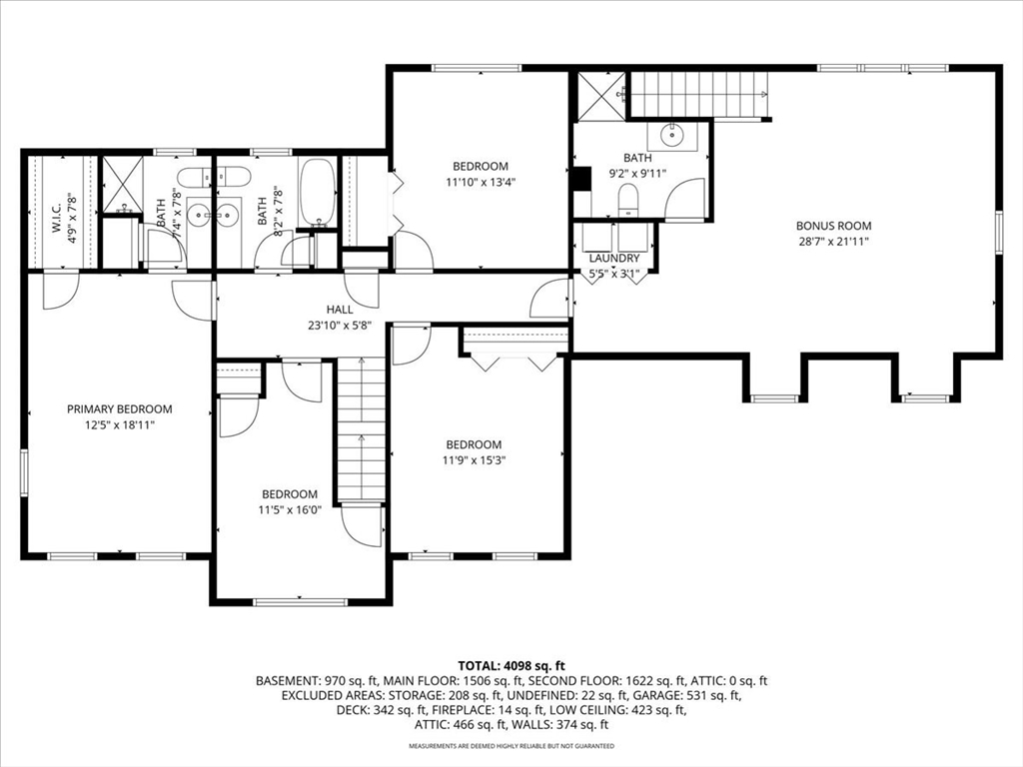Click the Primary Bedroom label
pos(120,408)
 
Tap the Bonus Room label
pos(833,226)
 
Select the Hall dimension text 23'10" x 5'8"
pos(340,325)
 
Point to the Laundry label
pos(614,259)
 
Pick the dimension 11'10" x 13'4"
pos(481,182)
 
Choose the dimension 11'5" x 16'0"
pos(290,510)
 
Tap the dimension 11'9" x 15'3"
pos(474,459)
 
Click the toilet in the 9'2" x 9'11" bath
pos(627,200)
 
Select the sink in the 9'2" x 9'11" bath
pos(671,136)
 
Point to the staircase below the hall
pos(361,429)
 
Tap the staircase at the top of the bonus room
pos(698,95)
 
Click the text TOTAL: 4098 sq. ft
pos(511,666)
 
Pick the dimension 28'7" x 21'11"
pos(833,242)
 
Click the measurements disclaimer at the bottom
pos(511,745)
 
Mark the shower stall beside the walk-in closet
pos(122,185)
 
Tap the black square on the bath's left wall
pos(580,179)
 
